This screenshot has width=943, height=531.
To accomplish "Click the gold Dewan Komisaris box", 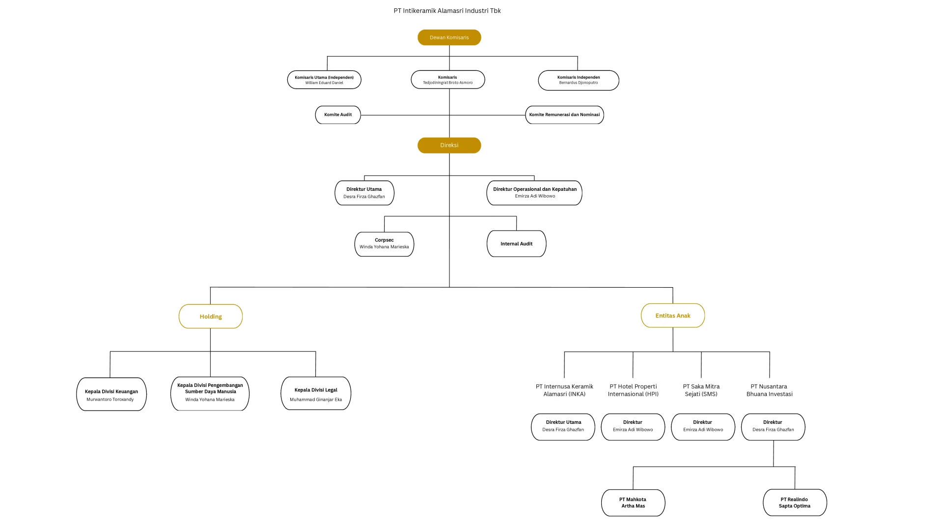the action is [x=449, y=37].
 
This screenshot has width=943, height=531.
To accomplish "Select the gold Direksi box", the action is [x=449, y=145].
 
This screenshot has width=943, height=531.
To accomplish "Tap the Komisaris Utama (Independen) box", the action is [x=324, y=80].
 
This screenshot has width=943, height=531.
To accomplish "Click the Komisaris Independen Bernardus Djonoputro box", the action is [x=579, y=80].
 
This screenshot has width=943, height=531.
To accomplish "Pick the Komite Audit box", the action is [x=338, y=115].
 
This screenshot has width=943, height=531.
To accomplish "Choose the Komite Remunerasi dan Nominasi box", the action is [x=564, y=115].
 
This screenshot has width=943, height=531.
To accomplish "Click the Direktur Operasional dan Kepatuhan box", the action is [x=534, y=193].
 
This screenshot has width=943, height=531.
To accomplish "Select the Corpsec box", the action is [x=384, y=244].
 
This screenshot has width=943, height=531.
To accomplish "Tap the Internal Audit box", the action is [x=516, y=243].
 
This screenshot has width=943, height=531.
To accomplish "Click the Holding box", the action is [x=211, y=316].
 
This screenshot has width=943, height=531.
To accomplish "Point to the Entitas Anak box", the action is [x=673, y=315].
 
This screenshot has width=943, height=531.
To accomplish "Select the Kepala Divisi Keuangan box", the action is [x=111, y=394].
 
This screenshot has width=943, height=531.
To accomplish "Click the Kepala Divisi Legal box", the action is [x=316, y=393].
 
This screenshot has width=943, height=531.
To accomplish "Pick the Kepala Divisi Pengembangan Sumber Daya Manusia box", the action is [x=210, y=393].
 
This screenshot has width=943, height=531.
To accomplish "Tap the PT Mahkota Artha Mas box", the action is [x=633, y=502].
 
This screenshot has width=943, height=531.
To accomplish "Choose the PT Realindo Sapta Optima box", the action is [x=795, y=502].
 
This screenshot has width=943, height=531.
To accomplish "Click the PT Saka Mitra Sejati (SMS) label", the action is [x=701, y=390].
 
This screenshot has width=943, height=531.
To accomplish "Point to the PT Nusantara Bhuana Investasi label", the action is [x=770, y=390].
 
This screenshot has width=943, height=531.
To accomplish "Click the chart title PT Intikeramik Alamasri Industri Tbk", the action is [x=447, y=10].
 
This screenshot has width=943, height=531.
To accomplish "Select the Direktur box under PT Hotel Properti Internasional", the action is [x=633, y=427].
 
